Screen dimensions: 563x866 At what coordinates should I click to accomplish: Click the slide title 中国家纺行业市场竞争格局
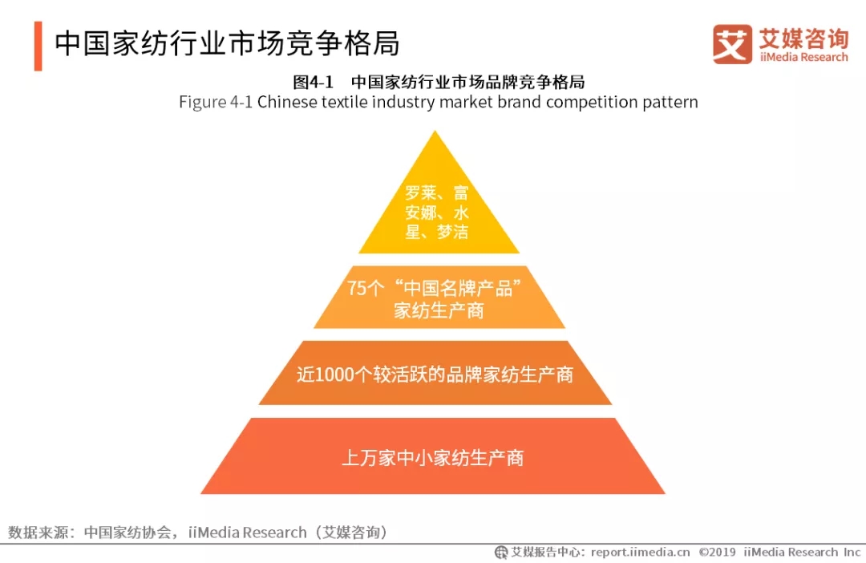coord(227,44)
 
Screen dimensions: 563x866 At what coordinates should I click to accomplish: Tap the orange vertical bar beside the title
coord(38,46)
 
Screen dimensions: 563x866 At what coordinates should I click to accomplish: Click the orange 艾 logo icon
coord(732,43)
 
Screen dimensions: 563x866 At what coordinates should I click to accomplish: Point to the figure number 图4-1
coord(312,82)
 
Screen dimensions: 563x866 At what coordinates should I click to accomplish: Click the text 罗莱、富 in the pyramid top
coord(437,193)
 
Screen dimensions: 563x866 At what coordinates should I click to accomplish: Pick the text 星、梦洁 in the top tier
coord(437,233)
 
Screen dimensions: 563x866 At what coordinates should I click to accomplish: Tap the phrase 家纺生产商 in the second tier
coord(439,310)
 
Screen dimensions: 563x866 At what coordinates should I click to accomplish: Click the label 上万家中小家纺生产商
coord(433,458)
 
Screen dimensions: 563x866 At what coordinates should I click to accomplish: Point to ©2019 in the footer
coord(718,553)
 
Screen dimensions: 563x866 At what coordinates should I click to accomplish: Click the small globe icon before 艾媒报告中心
coord(501,553)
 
